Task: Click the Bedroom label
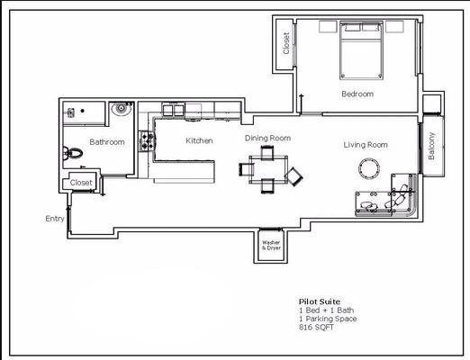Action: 357,94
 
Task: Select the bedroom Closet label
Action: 286,43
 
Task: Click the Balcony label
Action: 431,146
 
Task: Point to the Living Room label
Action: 366,144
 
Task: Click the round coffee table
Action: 369,168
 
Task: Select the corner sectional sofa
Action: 387,200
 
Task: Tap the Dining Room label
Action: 267,138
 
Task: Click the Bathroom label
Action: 106,142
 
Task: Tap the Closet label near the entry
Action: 81,183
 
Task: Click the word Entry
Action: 55,219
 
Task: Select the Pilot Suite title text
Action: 319,302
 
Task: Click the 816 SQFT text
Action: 314,327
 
